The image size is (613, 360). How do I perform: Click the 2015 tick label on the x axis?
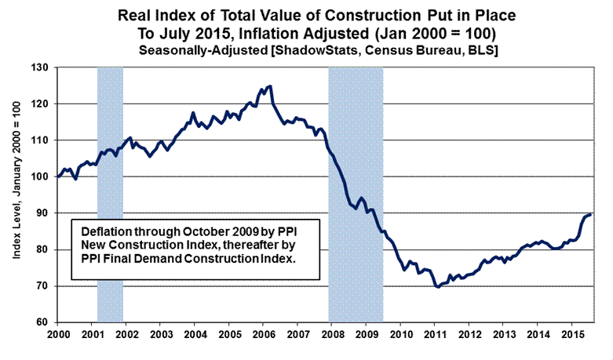tap(571, 336)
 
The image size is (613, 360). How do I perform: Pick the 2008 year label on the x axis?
tap(331, 336)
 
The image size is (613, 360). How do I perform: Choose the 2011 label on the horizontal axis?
tap(434, 336)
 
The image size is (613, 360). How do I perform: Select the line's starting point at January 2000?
tap(58, 176)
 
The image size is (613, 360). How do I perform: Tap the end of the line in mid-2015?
tap(590, 214)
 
